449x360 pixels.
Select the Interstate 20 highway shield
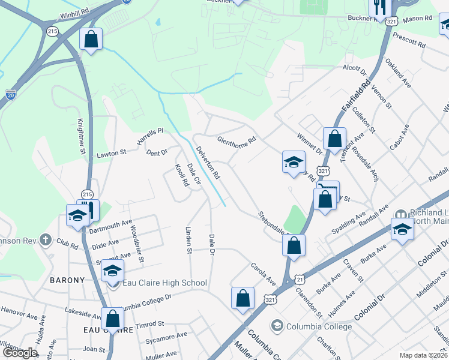pyautogui.click(x=11, y=94)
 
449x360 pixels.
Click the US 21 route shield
pyautogui.click(x=300, y=280)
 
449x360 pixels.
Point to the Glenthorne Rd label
pyautogui.click(x=237, y=139)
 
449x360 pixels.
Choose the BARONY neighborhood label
pyautogui.click(x=67, y=280)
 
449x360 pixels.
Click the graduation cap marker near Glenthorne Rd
pyautogui.click(x=294, y=162)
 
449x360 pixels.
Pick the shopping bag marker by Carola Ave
pyautogui.click(x=243, y=298)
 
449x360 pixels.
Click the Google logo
pyautogui.click(x=20, y=352)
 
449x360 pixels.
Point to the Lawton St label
pyautogui.click(x=111, y=154)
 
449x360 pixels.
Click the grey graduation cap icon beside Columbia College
pyautogui.click(x=277, y=326)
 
